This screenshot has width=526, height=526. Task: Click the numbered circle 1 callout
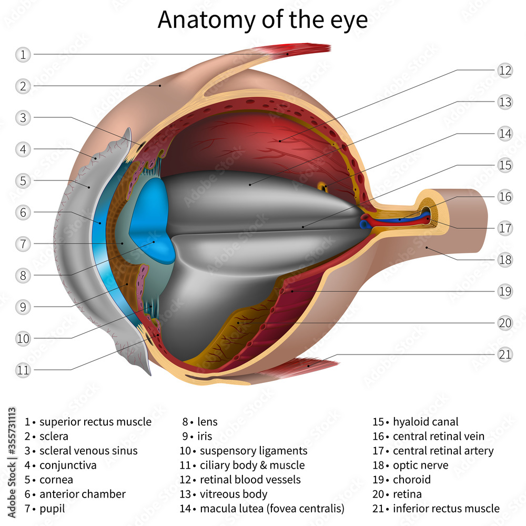tap(23, 54)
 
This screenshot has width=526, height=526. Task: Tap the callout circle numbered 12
tap(505, 70)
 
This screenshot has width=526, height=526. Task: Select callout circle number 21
tap(505, 355)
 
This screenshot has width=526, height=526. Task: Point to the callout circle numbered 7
tap(23, 244)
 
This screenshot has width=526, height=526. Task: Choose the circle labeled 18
tap(505, 260)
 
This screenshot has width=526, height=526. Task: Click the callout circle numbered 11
tap(23, 370)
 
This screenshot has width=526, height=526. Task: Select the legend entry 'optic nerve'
tap(420, 465)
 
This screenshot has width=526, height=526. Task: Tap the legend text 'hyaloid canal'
tap(425, 422)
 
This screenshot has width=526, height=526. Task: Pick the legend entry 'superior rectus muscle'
tap(95, 422)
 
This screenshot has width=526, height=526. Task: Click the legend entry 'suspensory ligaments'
tap(253, 451)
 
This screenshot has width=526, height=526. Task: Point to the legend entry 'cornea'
tap(56, 480)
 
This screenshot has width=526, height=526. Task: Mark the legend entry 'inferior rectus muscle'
tap(446, 508)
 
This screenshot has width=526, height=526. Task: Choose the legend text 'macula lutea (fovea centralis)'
tap(272, 508)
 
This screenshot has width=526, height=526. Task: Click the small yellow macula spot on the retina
tap(323, 186)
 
